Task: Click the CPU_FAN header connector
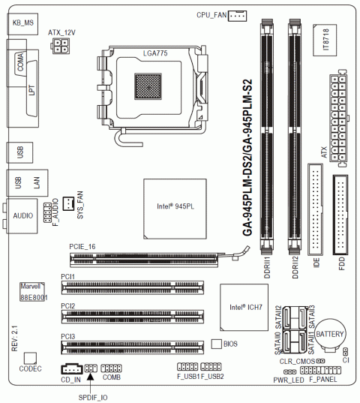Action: click(237, 16)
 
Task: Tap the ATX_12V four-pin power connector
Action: click(61, 46)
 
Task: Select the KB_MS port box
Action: click(22, 24)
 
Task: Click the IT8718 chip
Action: click(325, 40)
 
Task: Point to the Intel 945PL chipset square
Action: click(175, 209)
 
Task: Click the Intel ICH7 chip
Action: click(244, 307)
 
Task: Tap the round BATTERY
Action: click(330, 335)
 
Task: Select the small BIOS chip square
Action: click(217, 344)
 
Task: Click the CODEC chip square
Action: click(30, 358)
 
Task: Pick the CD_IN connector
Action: click(72, 369)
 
